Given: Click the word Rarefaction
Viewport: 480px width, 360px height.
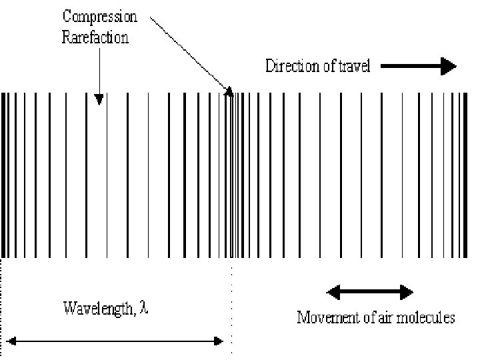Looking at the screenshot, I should [95, 37].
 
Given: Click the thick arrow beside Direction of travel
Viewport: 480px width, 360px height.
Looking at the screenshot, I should [417, 65].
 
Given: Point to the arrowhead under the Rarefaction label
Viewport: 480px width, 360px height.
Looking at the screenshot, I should [99, 99].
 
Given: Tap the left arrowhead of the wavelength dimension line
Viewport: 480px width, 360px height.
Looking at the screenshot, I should [11, 341].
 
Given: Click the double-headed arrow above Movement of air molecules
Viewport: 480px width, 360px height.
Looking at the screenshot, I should [370, 292].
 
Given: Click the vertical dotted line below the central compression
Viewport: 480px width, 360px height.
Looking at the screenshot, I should [231, 307].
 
